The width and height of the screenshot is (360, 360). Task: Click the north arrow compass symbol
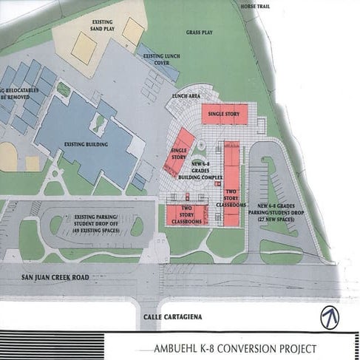330,316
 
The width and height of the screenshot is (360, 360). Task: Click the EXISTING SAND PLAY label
103,28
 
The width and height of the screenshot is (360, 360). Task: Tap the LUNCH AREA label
184,96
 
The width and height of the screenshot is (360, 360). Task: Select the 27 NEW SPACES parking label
280,220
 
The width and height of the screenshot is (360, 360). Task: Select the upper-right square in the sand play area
133,30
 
